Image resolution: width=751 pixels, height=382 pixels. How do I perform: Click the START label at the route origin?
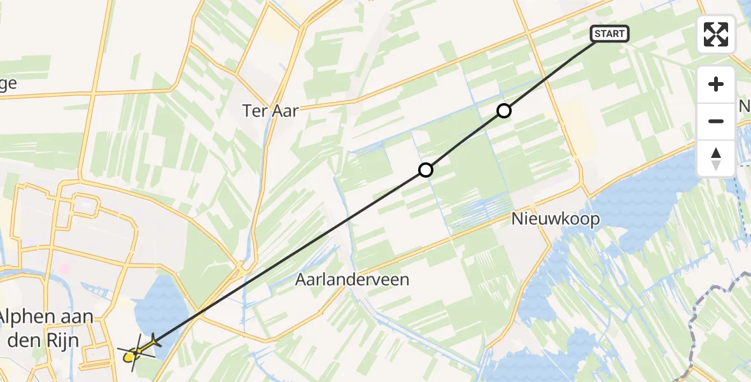[610, 34]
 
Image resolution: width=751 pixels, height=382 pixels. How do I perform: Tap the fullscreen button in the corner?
[716, 34]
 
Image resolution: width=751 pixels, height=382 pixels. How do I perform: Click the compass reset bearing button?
[716, 159]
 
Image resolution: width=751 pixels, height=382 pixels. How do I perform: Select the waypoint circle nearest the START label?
[503, 111]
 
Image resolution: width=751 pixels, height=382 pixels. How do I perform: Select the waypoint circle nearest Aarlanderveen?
[426, 170]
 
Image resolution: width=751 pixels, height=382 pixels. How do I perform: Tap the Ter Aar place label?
[270, 110]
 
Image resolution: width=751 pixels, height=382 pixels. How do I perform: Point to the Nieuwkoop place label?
[556, 219]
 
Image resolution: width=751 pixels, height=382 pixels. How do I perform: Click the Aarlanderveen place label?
[352, 279]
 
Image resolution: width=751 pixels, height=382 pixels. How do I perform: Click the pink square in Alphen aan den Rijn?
[64, 269]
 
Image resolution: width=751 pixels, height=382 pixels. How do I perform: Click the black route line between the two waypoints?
[465, 141]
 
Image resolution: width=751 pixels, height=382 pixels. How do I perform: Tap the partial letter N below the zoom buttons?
[745, 106]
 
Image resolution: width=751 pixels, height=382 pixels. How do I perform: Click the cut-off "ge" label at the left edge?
[8, 83]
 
